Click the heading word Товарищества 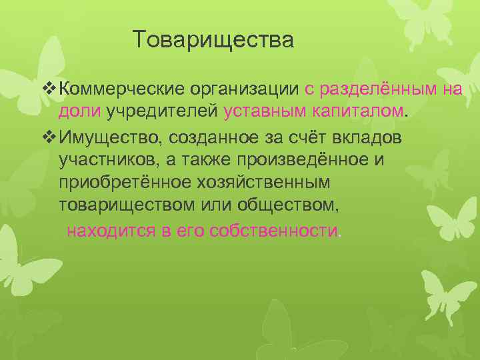point(213,40)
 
